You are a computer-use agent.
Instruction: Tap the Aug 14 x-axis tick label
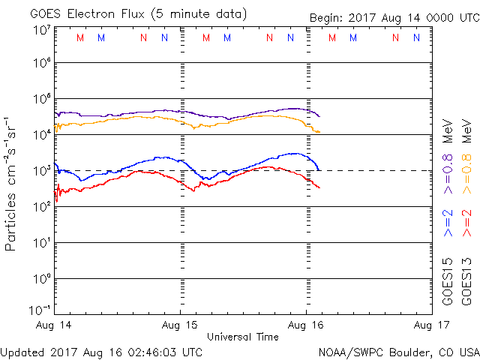(x=54, y=325)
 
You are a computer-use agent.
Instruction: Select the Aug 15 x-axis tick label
(x=180, y=325)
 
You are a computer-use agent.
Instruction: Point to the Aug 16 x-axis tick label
(x=306, y=325)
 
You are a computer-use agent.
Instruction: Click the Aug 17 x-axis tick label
(x=430, y=325)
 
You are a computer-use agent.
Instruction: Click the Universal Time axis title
(x=242, y=337)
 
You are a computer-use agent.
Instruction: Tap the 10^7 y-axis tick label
(x=42, y=29)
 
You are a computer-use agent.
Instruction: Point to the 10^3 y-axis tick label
(x=42, y=171)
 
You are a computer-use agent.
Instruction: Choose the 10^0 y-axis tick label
(x=42, y=279)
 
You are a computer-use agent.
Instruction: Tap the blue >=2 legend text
(x=448, y=223)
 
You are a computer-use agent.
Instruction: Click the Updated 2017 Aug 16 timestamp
(x=101, y=351)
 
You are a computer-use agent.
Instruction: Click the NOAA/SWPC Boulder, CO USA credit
(x=398, y=351)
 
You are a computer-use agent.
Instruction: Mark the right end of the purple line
(x=320, y=116)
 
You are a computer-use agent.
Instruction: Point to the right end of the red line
(x=320, y=187)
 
